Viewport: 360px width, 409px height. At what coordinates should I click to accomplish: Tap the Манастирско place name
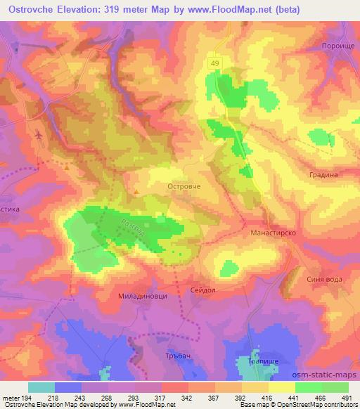coord(271,231)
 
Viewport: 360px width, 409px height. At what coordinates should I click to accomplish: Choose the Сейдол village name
coord(202,289)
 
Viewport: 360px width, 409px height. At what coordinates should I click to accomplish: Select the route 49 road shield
coord(214,63)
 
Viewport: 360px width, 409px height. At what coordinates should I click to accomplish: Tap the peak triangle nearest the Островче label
coord(136,189)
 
